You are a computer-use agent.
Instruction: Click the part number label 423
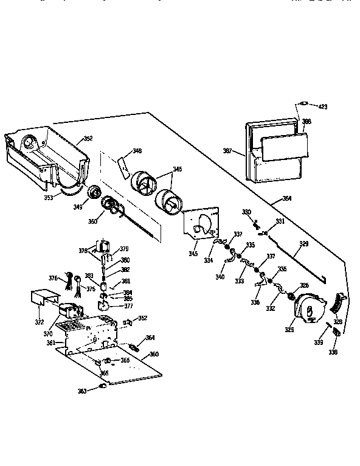tap(322, 106)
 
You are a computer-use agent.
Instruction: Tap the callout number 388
tap(306, 122)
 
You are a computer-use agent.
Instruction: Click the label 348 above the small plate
tap(137, 151)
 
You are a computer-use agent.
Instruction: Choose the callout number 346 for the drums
tap(177, 169)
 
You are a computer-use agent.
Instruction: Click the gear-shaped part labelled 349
tap(95, 193)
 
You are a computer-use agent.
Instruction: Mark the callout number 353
tap(48, 197)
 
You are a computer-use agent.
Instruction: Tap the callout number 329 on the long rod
tap(303, 243)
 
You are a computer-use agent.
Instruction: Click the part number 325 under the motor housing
tap(290, 330)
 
